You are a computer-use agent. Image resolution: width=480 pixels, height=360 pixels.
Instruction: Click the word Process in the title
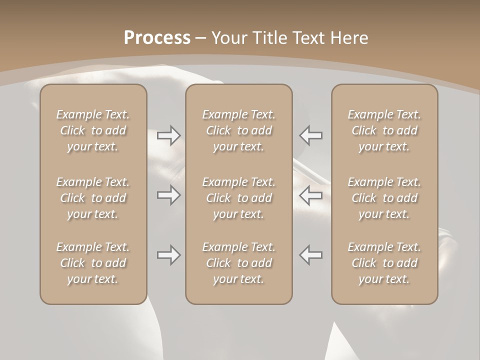(157, 37)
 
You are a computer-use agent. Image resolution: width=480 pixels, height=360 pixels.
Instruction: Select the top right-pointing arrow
(169, 135)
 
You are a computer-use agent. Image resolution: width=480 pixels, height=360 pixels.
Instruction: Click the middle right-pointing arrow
(169, 195)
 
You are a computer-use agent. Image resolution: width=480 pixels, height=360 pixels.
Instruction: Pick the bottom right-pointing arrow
(169, 255)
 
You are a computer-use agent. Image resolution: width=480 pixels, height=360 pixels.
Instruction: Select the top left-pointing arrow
(311, 135)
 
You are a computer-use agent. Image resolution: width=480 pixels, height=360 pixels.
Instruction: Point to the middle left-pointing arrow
(311, 195)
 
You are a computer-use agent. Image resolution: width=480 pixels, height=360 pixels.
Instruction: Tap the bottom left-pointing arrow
(311, 255)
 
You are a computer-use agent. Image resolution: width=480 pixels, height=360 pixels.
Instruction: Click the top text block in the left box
(93, 130)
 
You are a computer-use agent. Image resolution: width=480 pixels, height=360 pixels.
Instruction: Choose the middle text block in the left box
(93, 198)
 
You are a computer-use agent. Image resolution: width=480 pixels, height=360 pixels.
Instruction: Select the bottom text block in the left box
(93, 263)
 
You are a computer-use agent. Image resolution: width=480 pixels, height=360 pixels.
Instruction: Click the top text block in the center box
(239, 130)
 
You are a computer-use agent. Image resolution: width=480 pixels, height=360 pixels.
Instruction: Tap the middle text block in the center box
(239, 198)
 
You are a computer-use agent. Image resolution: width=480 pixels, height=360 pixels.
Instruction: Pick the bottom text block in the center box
(239, 263)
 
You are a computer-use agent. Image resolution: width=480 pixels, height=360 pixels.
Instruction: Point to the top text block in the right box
(384, 130)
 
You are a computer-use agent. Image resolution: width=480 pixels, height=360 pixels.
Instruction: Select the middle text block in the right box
(384, 198)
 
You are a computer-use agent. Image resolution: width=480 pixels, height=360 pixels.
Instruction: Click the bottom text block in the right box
(384, 263)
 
